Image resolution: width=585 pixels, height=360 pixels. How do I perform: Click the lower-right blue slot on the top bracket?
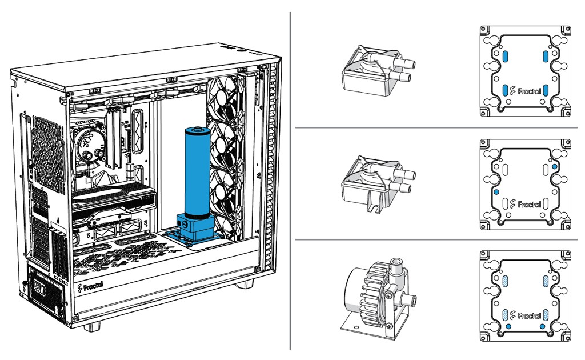pos(546,90)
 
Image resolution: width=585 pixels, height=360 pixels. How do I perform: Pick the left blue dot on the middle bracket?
pos(496,192)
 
